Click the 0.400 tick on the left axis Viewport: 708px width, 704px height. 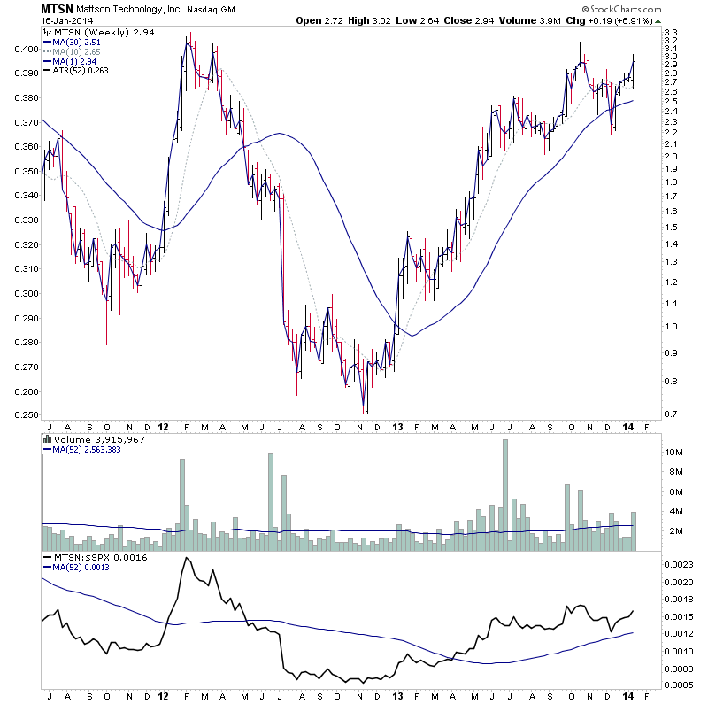point(27,49)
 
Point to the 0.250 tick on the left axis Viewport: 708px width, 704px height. point(27,415)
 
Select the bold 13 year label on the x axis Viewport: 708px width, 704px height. point(396,426)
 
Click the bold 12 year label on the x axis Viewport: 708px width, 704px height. point(164,426)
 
